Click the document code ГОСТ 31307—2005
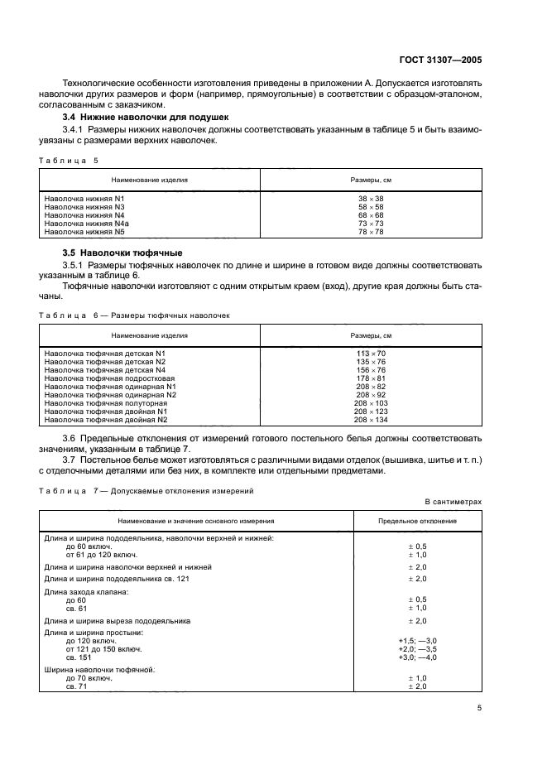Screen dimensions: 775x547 pos(441,60)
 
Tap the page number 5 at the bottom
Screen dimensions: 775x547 pos(479,708)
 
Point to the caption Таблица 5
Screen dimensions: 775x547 pos(69,160)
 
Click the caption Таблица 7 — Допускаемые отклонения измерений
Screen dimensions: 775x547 pos(146,491)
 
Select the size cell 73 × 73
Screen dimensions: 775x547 pos(371,224)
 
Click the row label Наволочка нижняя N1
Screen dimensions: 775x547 pos(84,199)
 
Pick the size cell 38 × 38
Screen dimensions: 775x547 pos(371,199)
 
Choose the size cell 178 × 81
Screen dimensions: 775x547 pos(371,378)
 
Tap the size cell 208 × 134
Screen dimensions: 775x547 pos(371,419)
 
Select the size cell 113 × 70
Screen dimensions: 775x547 pos(371,353)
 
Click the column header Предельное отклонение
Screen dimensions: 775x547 pos(419,521)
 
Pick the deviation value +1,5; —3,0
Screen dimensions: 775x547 pos(419,641)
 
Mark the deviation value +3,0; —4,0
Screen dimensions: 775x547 pos(419,657)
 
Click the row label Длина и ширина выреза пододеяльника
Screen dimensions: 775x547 pos(118,620)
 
